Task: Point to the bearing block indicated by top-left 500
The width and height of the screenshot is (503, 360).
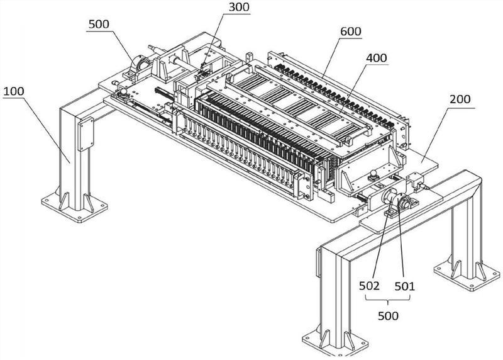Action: click(x=139, y=65)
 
